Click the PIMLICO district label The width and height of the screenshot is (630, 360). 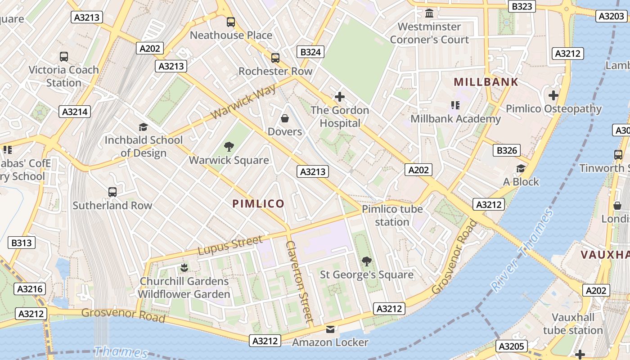coord(258,203)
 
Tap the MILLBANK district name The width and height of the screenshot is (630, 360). coord(486,82)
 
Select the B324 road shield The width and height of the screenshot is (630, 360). coord(310,52)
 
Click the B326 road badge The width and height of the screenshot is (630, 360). coord(507,150)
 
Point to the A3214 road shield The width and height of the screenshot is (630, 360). coord(75,112)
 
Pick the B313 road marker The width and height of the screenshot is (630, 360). coord(22,243)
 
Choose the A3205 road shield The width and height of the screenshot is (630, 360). coord(512,346)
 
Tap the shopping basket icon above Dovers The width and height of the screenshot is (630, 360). coord(284,118)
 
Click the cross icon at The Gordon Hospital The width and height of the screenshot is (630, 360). coord(339,97)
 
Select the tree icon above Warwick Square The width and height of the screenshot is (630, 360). coord(229,146)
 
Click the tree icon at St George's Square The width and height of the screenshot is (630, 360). coord(366,261)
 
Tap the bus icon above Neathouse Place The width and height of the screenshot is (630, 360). coord(231,22)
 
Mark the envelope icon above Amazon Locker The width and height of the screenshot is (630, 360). coord(330,329)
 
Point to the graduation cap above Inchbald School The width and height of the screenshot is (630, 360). coord(143,127)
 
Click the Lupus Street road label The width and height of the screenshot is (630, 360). coord(230,245)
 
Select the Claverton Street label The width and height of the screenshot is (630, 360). coord(299,282)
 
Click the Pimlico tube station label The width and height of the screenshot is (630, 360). coord(392,216)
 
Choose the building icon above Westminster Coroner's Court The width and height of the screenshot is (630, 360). coord(429,13)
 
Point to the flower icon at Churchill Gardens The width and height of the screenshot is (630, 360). coord(184,268)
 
